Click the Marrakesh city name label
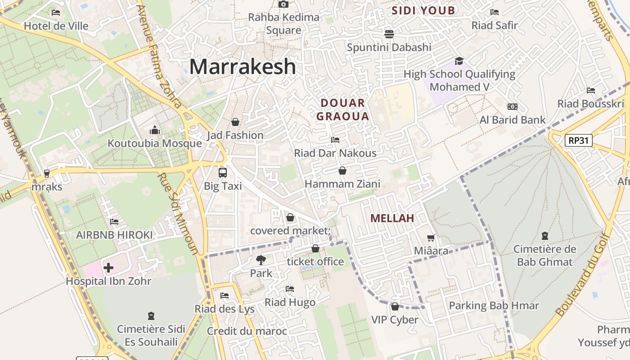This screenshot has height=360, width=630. (243, 67)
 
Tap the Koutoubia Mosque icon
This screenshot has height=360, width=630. (155, 130)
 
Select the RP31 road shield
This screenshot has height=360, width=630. (578, 140)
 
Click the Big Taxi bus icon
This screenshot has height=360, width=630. (223, 172)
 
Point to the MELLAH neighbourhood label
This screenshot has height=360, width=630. (392, 218)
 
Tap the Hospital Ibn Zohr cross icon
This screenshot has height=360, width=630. (108, 268)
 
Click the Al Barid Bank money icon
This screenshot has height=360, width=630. (512, 107)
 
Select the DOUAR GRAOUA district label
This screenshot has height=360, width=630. (342, 109)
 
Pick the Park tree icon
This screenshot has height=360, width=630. (261, 260)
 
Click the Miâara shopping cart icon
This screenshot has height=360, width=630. (431, 238)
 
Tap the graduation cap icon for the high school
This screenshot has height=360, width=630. (459, 61)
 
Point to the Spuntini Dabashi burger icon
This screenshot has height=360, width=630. (389, 34)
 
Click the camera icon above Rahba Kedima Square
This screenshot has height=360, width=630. (283, 4)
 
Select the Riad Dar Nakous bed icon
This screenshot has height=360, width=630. (335, 140)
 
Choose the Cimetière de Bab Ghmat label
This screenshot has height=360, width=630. (544, 256)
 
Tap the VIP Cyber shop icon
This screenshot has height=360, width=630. (395, 306)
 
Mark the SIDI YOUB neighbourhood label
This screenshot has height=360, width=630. (423, 10)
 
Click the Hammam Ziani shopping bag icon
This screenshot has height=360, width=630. (342, 171)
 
